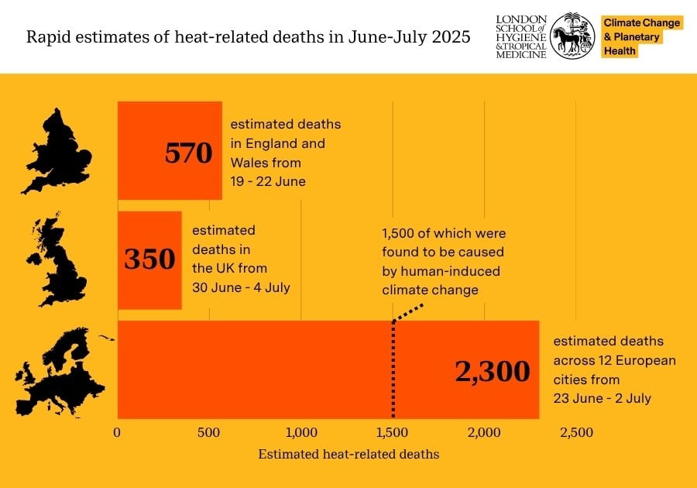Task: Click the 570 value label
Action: [x=188, y=153]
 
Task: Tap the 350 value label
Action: [x=149, y=259]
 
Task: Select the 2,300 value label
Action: [x=493, y=371]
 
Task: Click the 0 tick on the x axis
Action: [x=118, y=432]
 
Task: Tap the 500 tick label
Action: [x=209, y=432]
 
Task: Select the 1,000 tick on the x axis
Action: [x=300, y=432]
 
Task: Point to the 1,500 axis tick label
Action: [x=393, y=432]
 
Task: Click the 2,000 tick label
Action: [x=485, y=432]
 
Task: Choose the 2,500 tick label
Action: [x=576, y=432]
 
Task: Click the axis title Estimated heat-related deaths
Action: [x=348, y=454]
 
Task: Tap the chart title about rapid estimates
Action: [x=249, y=37]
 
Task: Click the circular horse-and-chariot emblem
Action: [x=574, y=35]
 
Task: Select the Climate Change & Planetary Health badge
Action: [x=642, y=36]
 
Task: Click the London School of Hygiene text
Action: [x=521, y=36]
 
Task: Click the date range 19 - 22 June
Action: [x=268, y=181]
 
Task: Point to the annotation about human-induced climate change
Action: [x=443, y=261]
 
